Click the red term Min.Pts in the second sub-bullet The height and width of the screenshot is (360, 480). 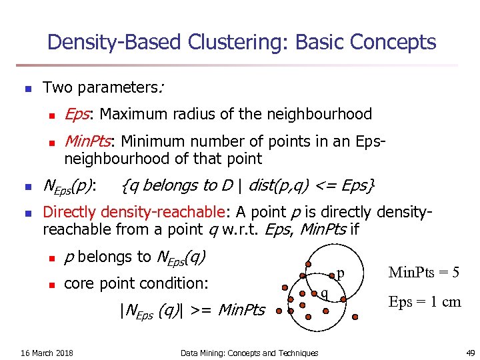pyautogui.click(x=87, y=141)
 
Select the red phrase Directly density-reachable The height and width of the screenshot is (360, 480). pyautogui.click(x=134, y=212)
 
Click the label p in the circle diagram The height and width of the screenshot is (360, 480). pyautogui.click(x=340, y=273)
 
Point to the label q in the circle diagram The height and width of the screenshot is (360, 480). pyautogui.click(x=325, y=293)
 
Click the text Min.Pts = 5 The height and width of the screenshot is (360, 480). pyautogui.click(x=424, y=272)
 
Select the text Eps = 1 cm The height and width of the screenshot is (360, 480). pyautogui.click(x=425, y=301)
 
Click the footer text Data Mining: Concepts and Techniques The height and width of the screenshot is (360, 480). pyautogui.click(x=249, y=353)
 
